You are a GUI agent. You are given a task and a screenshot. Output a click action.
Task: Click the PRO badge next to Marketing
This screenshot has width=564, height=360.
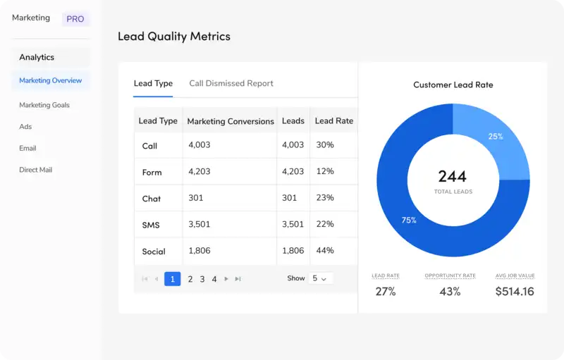(x=75, y=19)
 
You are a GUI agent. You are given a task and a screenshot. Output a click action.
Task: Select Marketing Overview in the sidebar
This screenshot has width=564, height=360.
(x=50, y=80)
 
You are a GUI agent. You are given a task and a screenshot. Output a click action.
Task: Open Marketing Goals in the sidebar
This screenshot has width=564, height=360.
(x=44, y=105)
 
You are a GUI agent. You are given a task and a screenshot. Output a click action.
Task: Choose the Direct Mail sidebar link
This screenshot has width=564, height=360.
(x=35, y=170)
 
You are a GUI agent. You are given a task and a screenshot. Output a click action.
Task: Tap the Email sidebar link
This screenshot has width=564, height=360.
(x=27, y=148)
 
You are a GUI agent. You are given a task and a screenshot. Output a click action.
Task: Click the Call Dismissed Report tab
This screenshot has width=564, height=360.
(x=231, y=83)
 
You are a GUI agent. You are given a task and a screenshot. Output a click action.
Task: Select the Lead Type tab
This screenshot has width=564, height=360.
(x=153, y=83)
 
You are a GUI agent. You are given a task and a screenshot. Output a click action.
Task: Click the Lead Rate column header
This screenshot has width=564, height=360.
(x=333, y=120)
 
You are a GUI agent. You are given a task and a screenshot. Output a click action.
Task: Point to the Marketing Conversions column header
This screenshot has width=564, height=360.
(x=230, y=121)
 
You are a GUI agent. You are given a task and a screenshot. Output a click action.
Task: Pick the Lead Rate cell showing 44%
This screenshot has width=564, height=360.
(x=325, y=251)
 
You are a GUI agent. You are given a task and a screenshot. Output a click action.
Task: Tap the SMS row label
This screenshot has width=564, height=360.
(x=150, y=225)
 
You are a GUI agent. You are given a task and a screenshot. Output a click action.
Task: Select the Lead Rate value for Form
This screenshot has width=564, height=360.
(x=325, y=171)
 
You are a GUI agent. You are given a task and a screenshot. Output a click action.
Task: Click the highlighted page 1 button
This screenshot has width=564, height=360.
(x=172, y=279)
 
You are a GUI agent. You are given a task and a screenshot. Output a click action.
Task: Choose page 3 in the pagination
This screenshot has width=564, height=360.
(x=202, y=279)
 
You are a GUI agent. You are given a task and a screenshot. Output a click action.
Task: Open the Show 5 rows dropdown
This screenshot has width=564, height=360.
(x=320, y=278)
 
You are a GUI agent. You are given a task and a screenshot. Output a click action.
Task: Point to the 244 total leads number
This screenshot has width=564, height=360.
(x=453, y=176)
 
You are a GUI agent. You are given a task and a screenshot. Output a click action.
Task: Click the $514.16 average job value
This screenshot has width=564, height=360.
(x=514, y=292)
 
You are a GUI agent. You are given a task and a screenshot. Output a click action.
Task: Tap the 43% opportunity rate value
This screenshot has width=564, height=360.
(x=450, y=292)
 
